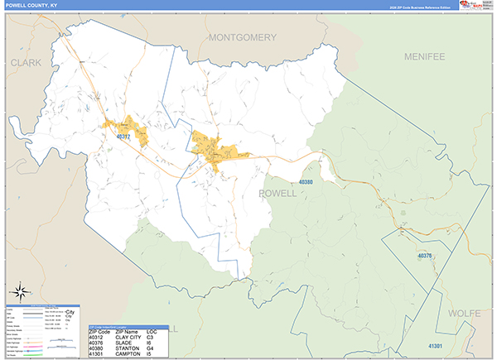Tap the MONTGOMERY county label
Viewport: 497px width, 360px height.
(242, 38)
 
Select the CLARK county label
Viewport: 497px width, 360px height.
(26, 62)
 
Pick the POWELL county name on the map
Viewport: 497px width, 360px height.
(277, 193)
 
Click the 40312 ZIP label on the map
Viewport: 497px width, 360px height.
(123, 137)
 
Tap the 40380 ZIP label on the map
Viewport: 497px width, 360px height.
(306, 181)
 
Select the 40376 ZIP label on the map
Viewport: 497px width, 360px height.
(425, 257)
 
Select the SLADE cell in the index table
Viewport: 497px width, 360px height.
(126, 343)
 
